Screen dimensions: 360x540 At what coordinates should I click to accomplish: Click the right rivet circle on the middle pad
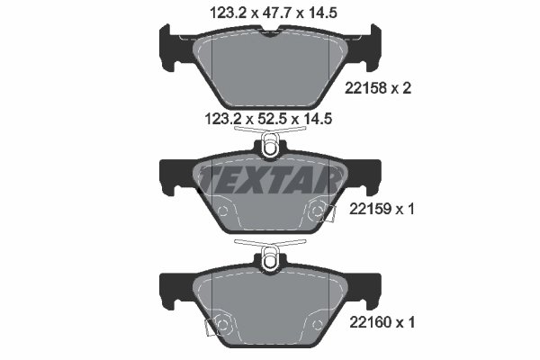pyautogui.click(x=317, y=211)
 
